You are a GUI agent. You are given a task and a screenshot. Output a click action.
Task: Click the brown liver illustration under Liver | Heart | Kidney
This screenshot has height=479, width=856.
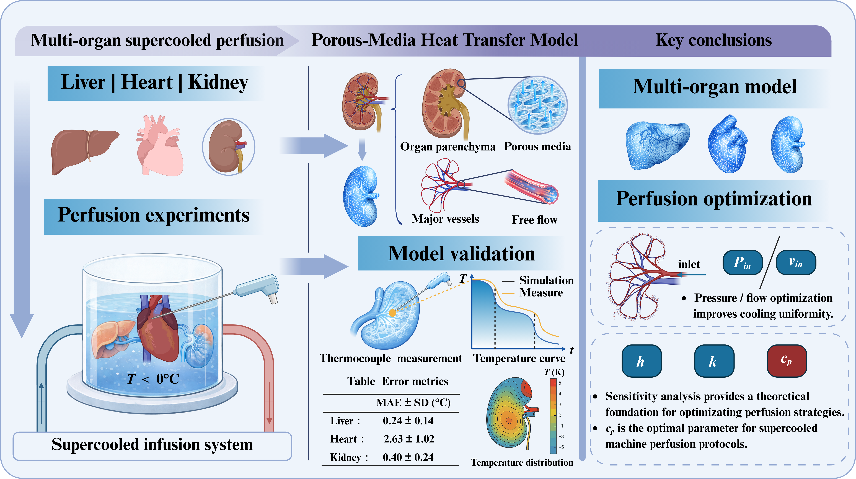tap(83, 150)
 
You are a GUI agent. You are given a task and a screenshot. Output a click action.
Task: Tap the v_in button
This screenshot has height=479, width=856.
tap(796, 263)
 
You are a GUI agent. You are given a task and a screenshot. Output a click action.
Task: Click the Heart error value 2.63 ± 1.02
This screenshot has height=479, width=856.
tap(409, 439)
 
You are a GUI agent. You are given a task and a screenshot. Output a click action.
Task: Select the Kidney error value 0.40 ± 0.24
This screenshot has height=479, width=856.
tap(408, 457)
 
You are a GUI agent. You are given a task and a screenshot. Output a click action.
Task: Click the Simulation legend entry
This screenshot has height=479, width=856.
tap(546, 280)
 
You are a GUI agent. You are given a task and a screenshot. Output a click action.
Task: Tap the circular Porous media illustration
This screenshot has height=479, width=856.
tap(537, 105)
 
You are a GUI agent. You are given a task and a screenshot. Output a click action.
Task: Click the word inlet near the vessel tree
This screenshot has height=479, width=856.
tap(689, 264)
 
